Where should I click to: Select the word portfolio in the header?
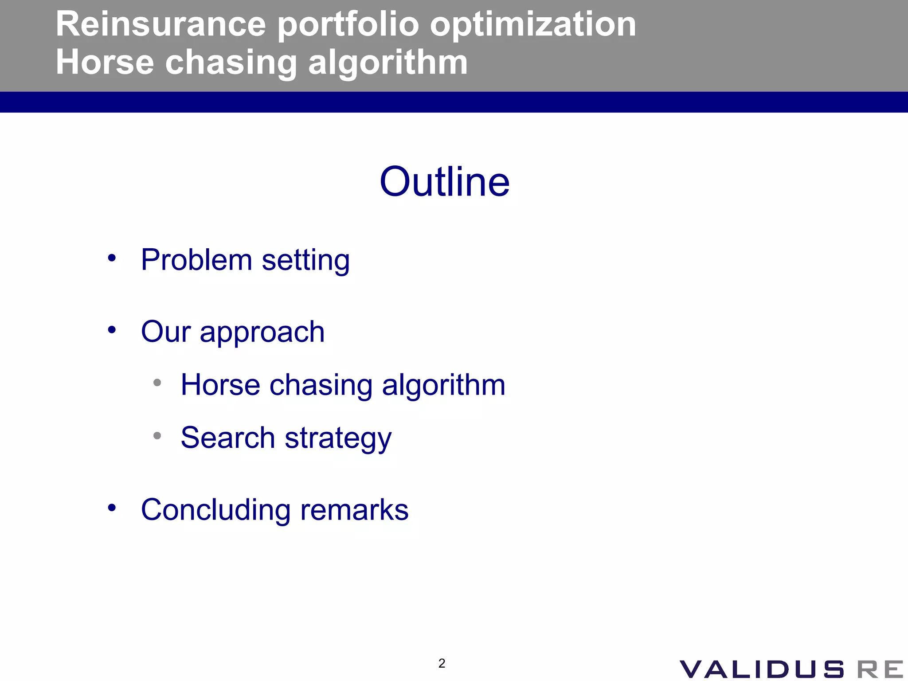point(348,24)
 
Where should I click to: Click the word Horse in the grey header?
point(105,63)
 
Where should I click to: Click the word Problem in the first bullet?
point(196,260)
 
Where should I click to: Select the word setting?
point(305,261)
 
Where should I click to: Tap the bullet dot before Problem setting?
point(112,258)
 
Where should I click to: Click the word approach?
point(262,333)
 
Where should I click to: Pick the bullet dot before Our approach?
point(112,330)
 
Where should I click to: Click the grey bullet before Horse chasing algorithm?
point(157,383)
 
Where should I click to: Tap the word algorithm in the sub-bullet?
point(443,385)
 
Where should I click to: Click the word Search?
point(228,438)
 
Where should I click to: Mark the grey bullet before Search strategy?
point(157,436)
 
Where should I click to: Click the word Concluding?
point(215,510)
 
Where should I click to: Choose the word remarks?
point(354,510)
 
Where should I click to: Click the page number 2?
point(442,663)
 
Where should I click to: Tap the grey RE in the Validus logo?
point(880,669)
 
